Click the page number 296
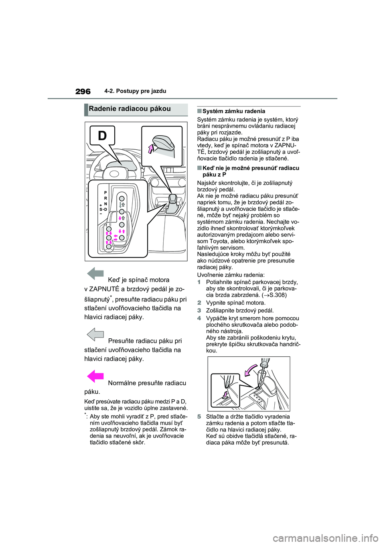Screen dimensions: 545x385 (x=83, y=92)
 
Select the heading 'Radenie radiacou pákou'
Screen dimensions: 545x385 (x=130, y=109)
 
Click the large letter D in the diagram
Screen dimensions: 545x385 (x=102, y=136)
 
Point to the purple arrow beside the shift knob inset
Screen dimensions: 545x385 (x=151, y=149)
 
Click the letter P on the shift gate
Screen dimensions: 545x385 (x=105, y=193)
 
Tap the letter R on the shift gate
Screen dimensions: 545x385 (x=105, y=198)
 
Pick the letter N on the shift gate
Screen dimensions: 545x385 (x=105, y=204)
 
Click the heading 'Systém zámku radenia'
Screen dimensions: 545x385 (x=233, y=111)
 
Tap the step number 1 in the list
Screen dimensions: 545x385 (x=199, y=282)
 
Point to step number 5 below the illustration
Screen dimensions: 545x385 (x=199, y=417)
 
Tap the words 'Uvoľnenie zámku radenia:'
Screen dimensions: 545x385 (x=231, y=275)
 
